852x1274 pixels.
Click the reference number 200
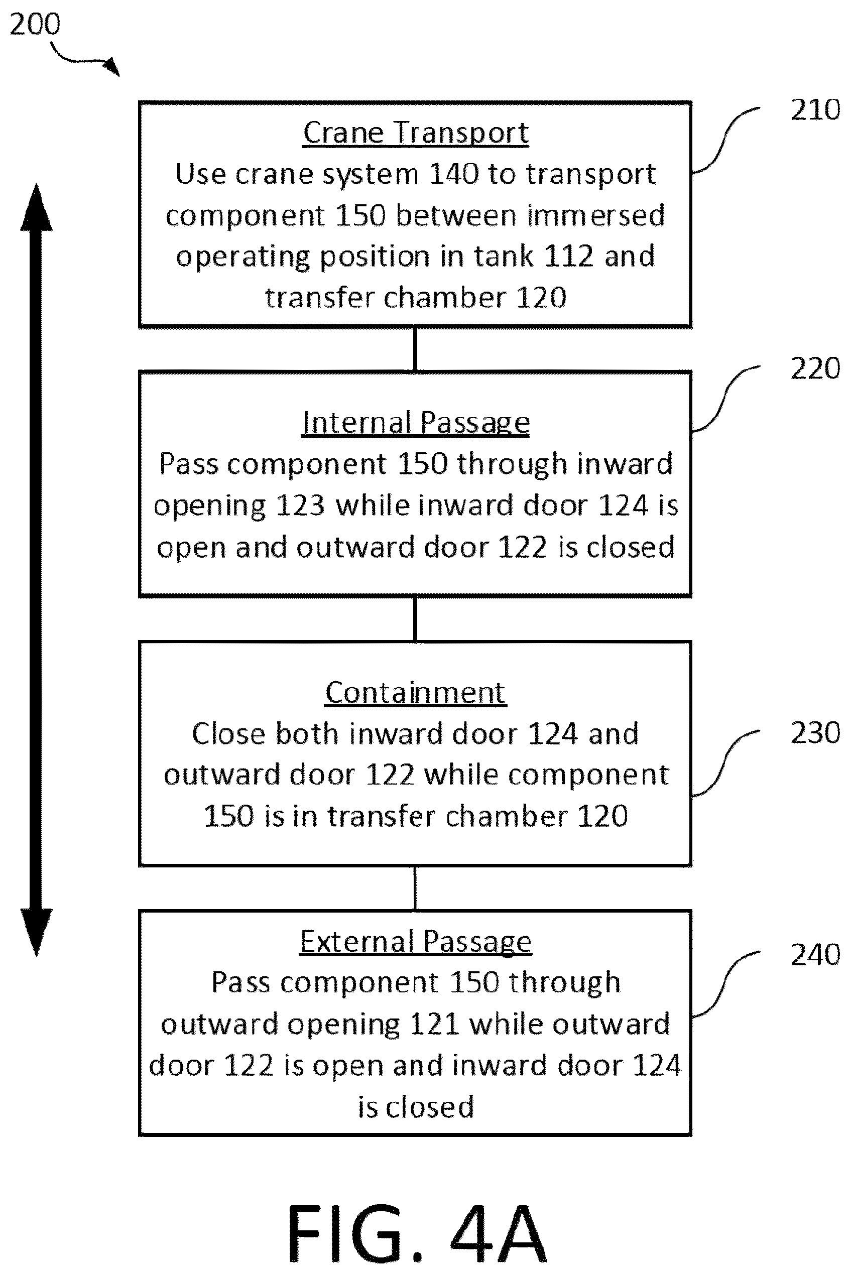35,25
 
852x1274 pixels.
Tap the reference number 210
815,110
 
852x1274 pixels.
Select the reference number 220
815,368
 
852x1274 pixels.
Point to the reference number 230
815,732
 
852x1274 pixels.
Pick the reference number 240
815,955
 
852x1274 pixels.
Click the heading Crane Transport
416,133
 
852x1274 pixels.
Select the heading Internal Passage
416,423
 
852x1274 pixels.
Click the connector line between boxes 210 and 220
416,349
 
